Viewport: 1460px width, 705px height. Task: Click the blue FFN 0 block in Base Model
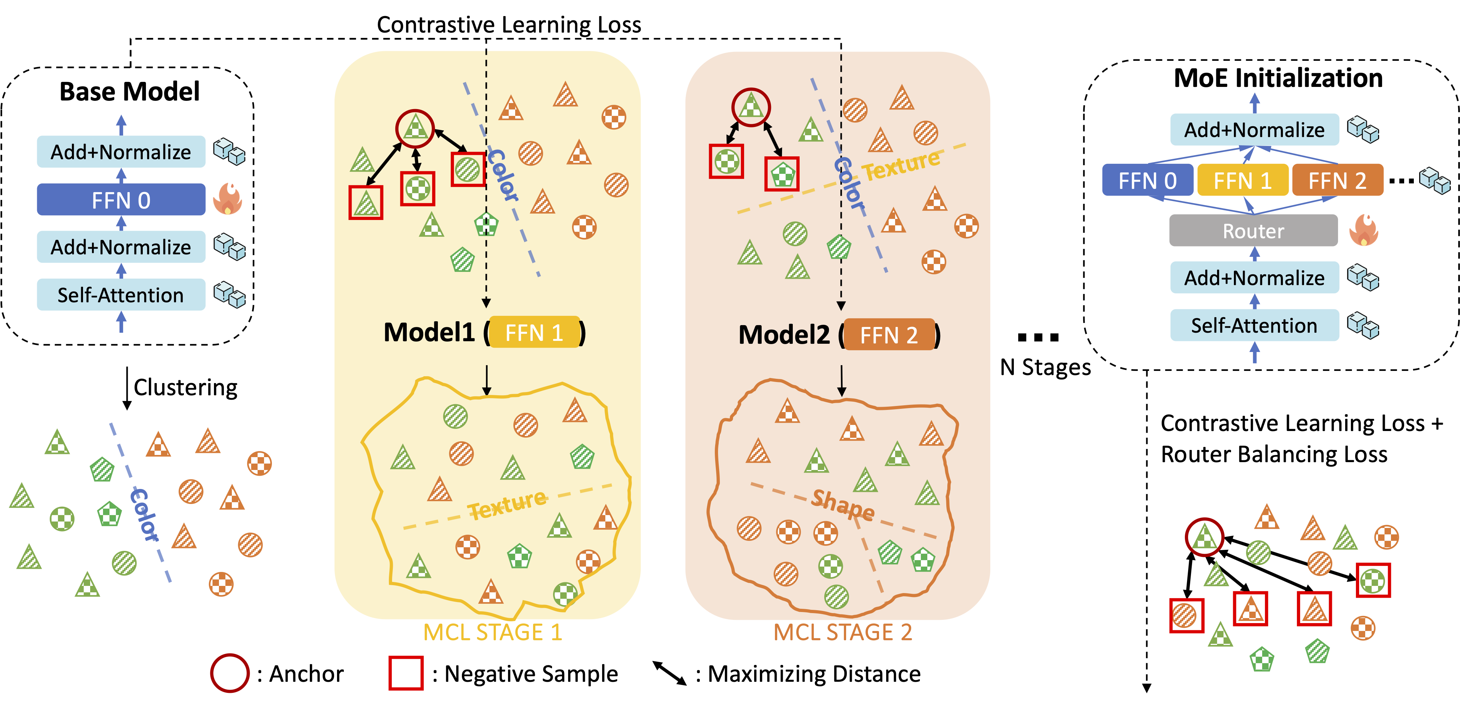point(121,200)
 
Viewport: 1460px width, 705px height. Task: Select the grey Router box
point(1253,231)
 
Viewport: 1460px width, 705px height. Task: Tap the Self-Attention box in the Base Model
point(121,295)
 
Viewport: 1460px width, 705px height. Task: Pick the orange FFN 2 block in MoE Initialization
point(1337,181)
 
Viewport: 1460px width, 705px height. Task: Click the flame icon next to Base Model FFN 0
point(227,199)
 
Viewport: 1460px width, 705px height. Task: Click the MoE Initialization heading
point(1278,78)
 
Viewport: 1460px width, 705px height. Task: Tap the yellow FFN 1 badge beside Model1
point(534,333)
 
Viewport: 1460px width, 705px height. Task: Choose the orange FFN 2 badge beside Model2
point(889,335)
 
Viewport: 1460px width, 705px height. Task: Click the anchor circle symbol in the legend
point(230,673)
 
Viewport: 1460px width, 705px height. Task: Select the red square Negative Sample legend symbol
point(406,673)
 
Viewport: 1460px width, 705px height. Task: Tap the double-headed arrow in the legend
point(669,673)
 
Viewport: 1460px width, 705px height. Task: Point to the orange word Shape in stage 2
point(843,504)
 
